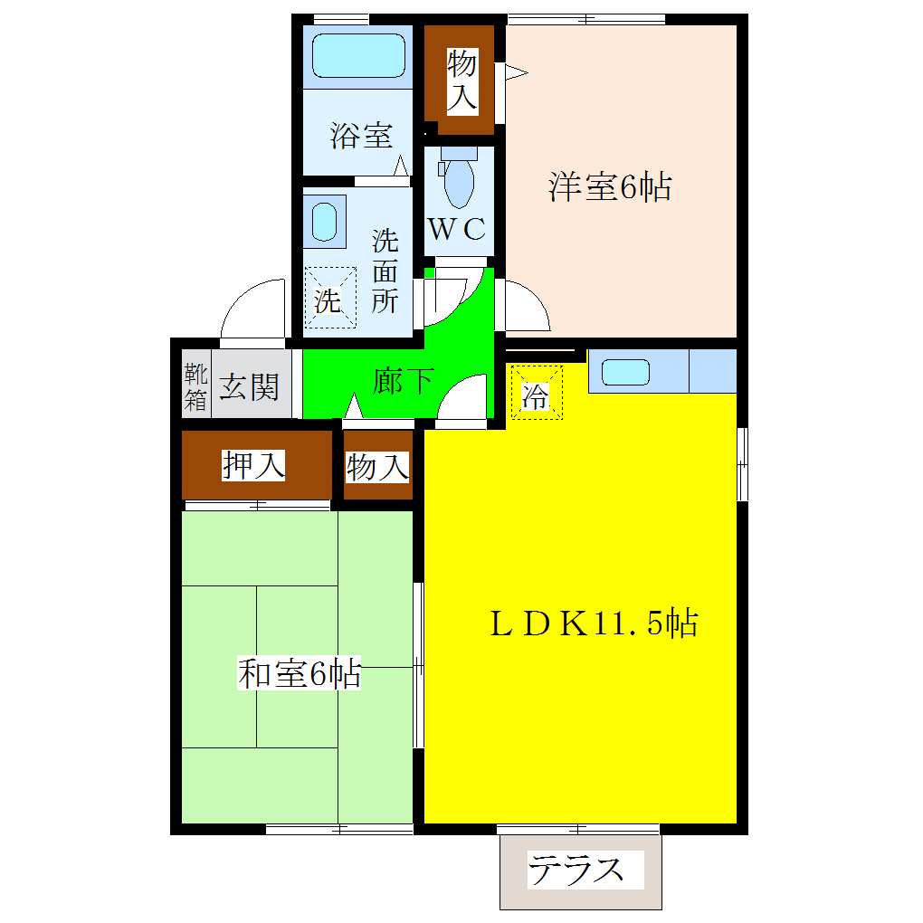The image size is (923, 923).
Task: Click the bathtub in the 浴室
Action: tap(358, 56)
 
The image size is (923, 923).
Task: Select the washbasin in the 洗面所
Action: tap(323, 221)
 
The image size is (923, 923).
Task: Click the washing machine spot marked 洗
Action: tap(327, 298)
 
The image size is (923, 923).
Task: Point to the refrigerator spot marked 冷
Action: tap(536, 394)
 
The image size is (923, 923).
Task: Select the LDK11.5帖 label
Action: tap(593, 623)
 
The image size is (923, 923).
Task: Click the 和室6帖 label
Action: tap(300, 674)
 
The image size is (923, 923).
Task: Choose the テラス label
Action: tap(576, 870)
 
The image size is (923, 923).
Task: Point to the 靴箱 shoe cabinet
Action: tap(195, 387)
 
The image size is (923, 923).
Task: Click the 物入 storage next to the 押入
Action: tap(377, 468)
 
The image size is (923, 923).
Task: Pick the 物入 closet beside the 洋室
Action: tap(461, 81)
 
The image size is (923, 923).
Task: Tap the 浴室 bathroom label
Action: tap(361, 137)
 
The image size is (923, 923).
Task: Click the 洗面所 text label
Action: tap(385, 271)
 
